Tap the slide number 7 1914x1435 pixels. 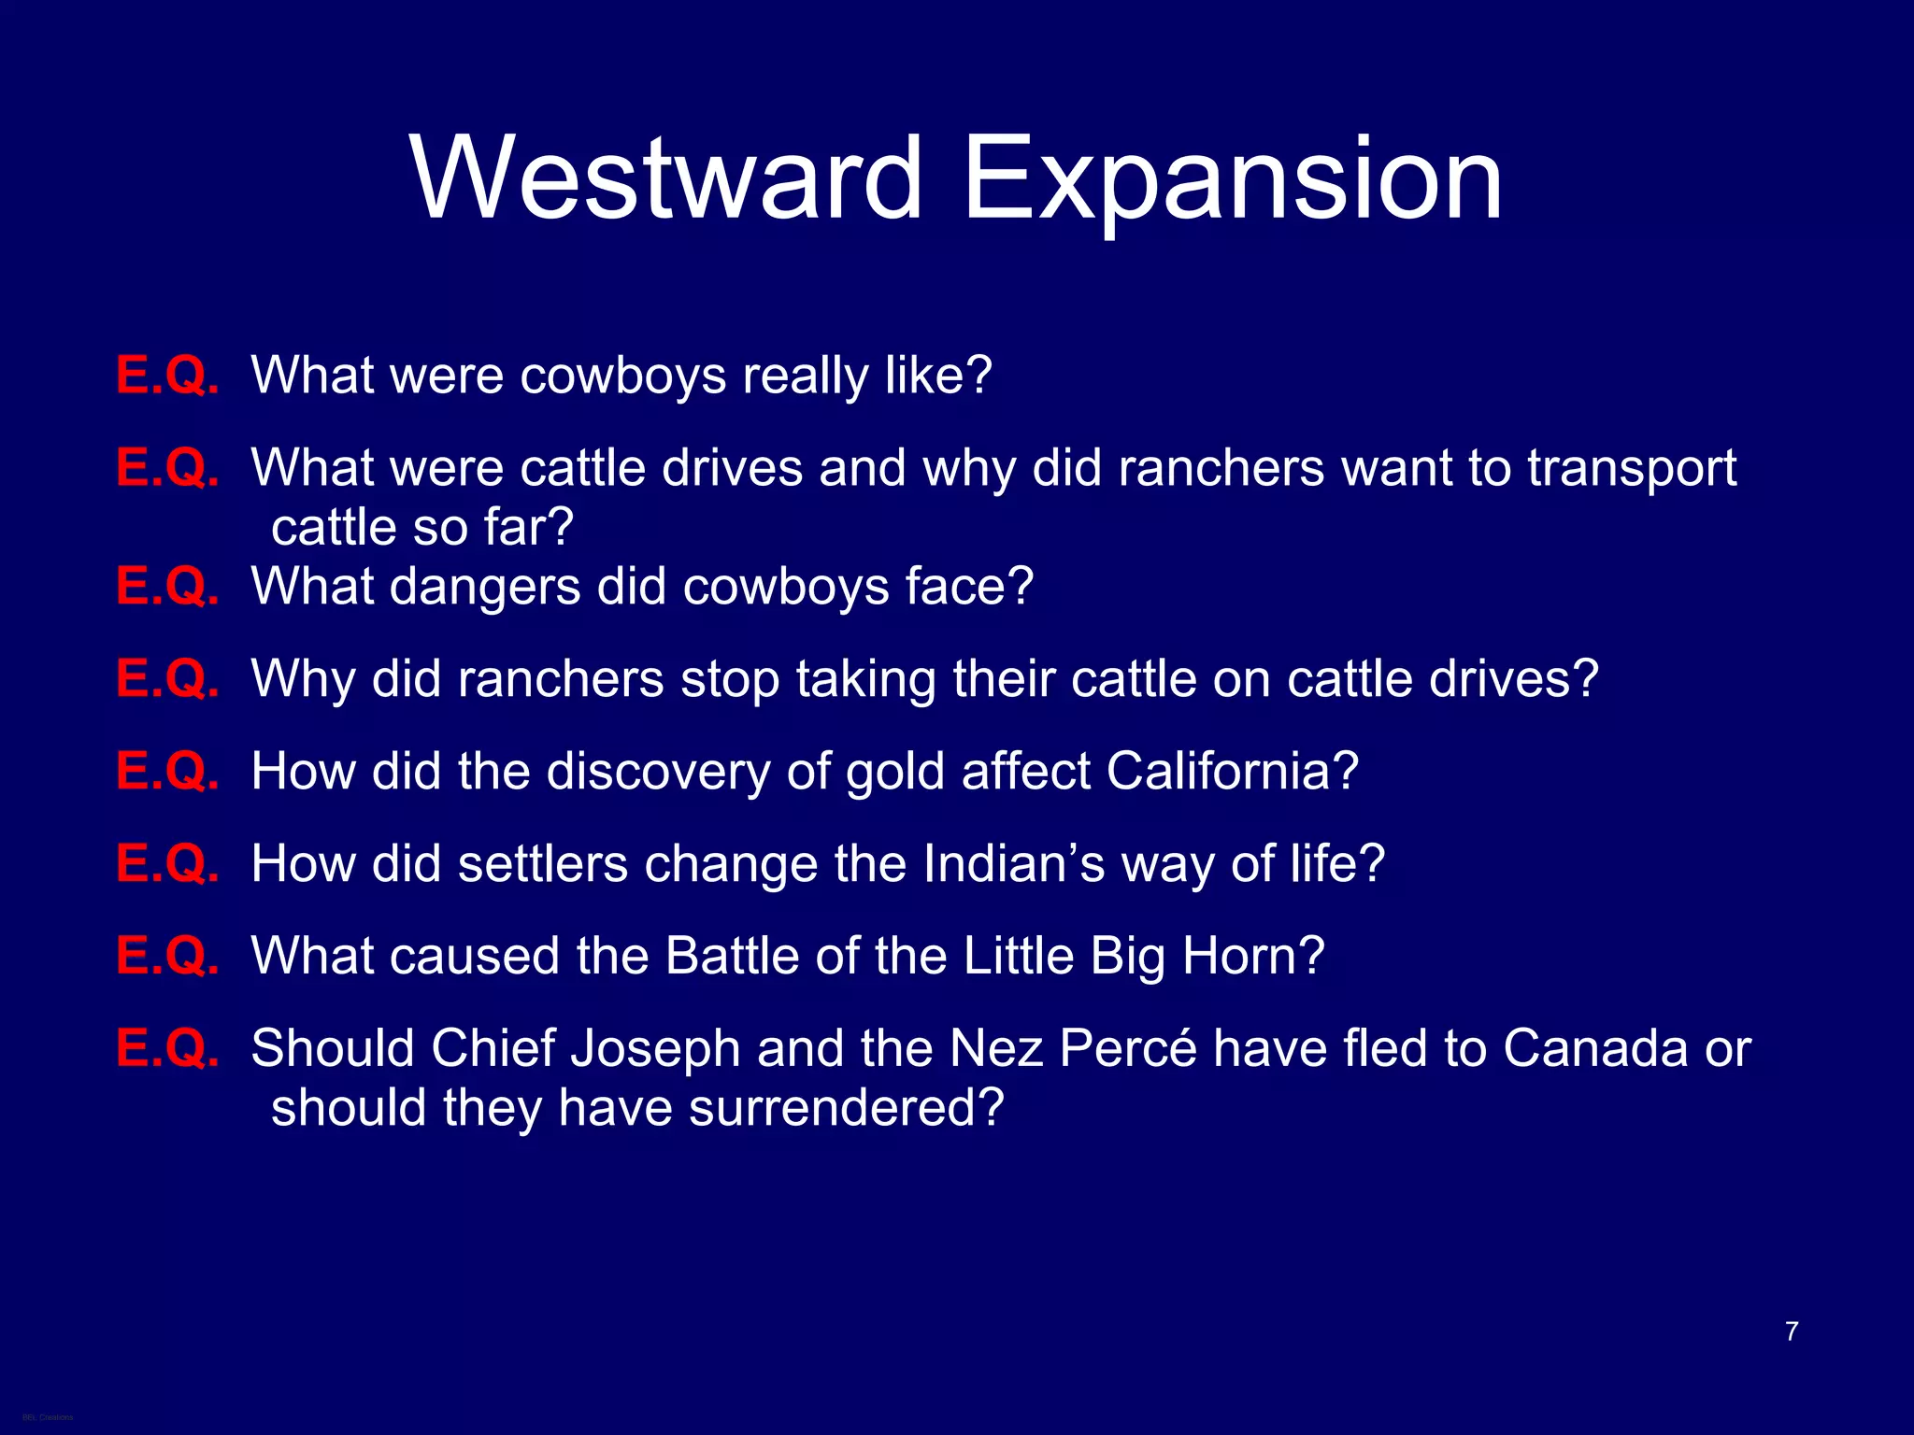pos(1791,1331)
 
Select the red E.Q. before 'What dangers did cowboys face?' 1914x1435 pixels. pos(167,587)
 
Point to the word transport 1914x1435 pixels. pos(1631,469)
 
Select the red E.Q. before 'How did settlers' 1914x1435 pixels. pos(167,863)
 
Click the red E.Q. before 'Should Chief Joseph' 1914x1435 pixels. pos(167,1048)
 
